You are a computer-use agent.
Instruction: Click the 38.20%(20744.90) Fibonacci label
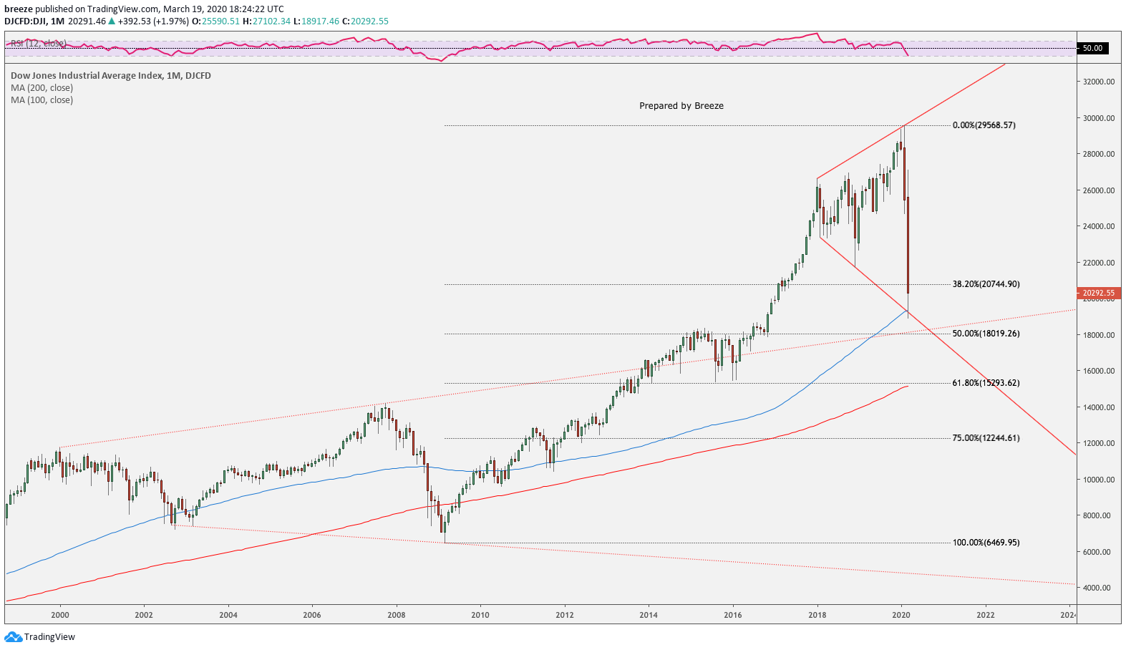pyautogui.click(x=986, y=284)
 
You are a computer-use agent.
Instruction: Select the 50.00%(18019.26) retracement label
pyautogui.click(x=986, y=334)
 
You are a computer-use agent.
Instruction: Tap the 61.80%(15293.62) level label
pyautogui.click(x=986, y=383)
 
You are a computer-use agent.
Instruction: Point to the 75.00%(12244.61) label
pyautogui.click(x=986, y=438)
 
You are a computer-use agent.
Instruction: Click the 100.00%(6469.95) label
pyautogui.click(x=986, y=543)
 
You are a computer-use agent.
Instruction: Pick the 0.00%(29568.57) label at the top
pyautogui.click(x=984, y=125)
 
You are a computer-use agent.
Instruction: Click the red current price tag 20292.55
pyautogui.click(x=1098, y=293)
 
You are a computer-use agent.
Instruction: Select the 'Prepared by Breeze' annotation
pyautogui.click(x=681, y=106)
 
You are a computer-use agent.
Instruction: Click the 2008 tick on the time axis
pyautogui.click(x=396, y=615)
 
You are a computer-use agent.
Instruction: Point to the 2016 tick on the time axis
pyautogui.click(x=732, y=615)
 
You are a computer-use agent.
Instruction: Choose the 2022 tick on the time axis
pyautogui.click(x=985, y=615)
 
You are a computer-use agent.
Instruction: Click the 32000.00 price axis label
pyautogui.click(x=1098, y=82)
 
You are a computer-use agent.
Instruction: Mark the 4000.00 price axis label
pyautogui.click(x=1098, y=588)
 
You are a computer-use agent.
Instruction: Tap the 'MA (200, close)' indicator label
pyautogui.click(x=42, y=88)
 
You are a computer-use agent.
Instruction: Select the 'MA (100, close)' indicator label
pyautogui.click(x=42, y=100)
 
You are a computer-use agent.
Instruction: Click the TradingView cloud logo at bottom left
pyautogui.click(x=14, y=636)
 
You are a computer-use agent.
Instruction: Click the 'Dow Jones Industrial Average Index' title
pyautogui.click(x=87, y=76)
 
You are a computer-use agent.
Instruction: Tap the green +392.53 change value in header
pyautogui.click(x=134, y=21)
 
